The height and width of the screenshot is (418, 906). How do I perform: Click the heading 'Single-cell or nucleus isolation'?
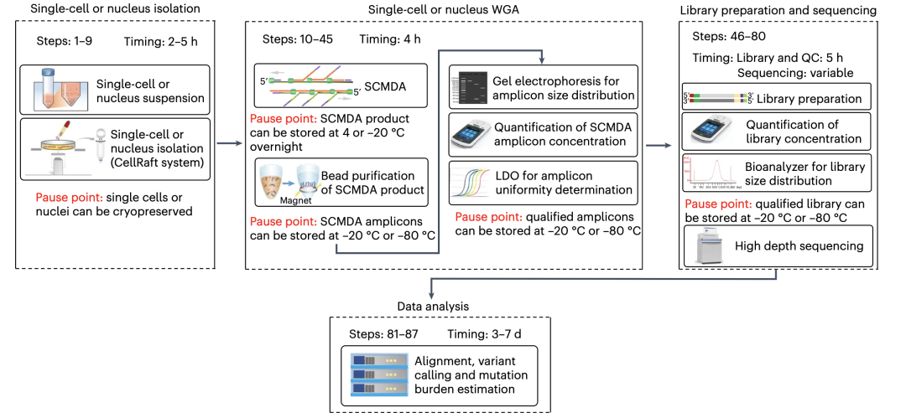(x=104, y=9)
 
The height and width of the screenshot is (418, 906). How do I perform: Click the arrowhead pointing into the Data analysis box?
(x=432, y=295)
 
